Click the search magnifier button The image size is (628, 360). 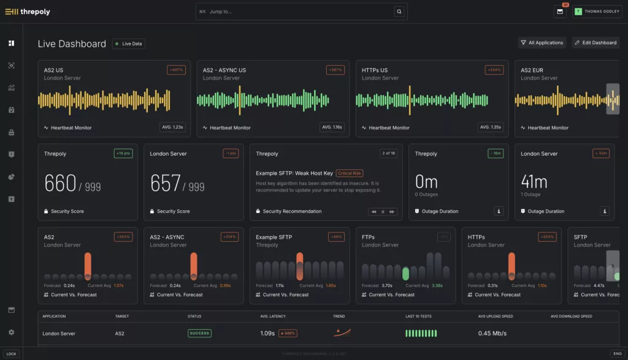pos(399,11)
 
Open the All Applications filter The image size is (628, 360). pos(542,42)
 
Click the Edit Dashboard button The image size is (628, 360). pos(595,42)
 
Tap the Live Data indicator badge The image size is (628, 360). pos(128,44)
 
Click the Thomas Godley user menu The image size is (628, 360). pos(597,11)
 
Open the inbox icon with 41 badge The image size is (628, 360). pos(560,11)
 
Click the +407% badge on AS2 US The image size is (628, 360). pos(176,70)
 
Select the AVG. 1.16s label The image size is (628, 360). pos(331,127)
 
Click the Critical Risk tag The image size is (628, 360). pos(350,173)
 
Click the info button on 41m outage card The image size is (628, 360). pos(605,211)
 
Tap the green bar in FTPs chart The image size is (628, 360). pos(405,274)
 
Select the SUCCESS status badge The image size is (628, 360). pos(199,333)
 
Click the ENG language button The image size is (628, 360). pos(616,353)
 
